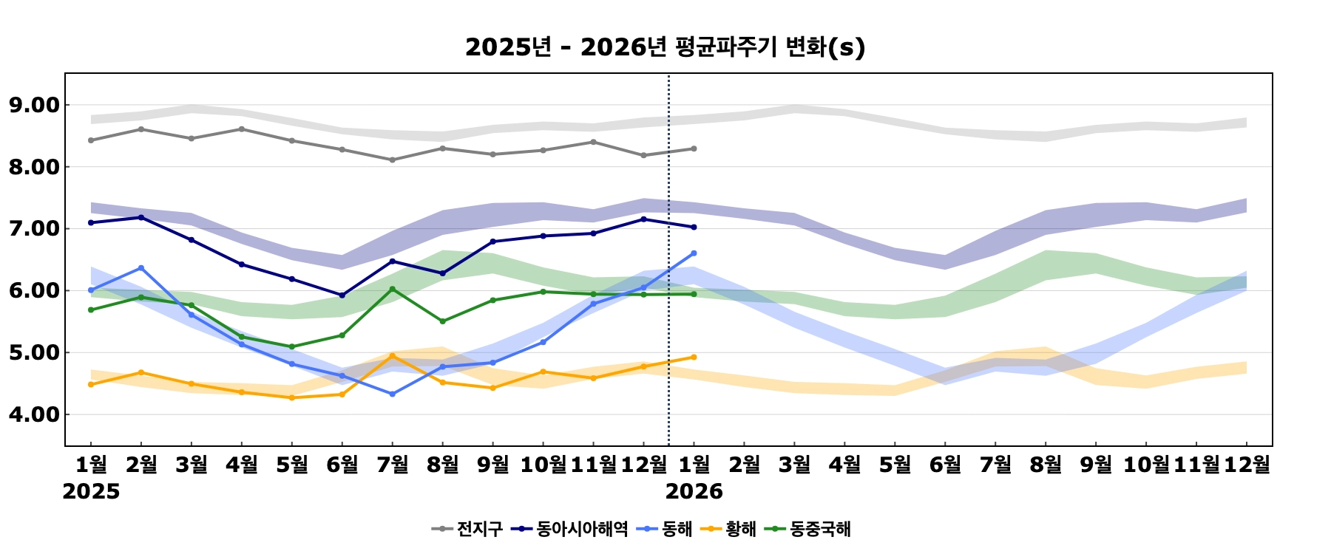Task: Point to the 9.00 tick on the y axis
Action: (34, 105)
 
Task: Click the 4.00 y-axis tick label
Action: (34, 414)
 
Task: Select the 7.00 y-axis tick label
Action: (34, 229)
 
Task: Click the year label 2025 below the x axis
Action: (91, 491)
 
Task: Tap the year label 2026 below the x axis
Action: (694, 491)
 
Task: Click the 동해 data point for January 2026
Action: (694, 253)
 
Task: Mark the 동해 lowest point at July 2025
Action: (392, 394)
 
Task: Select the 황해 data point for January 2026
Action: (694, 358)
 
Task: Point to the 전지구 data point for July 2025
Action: (392, 160)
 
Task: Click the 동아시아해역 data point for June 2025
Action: (342, 295)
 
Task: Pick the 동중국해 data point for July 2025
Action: (392, 289)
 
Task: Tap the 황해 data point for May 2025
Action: (291, 398)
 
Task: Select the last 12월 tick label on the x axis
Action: (1247, 464)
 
